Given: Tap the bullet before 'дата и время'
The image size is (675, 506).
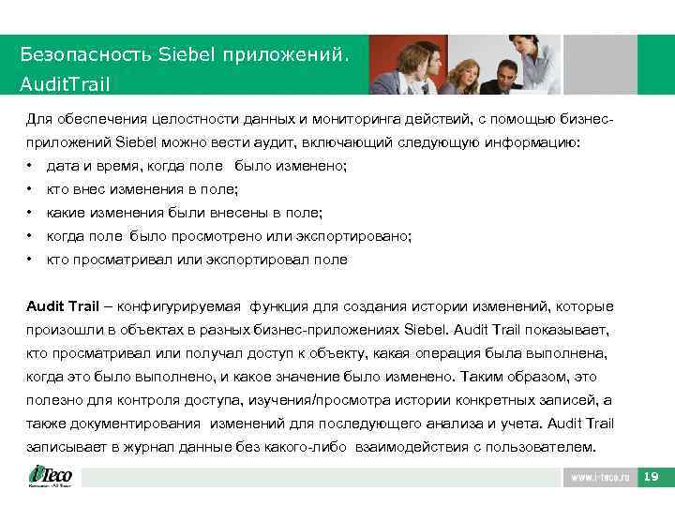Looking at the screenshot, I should (30, 166).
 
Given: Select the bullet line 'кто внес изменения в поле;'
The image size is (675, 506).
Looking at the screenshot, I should (142, 189).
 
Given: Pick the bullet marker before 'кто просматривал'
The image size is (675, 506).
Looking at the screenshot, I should (30, 260).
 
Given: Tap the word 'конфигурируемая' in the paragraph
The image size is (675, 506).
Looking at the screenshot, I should (179, 306).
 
